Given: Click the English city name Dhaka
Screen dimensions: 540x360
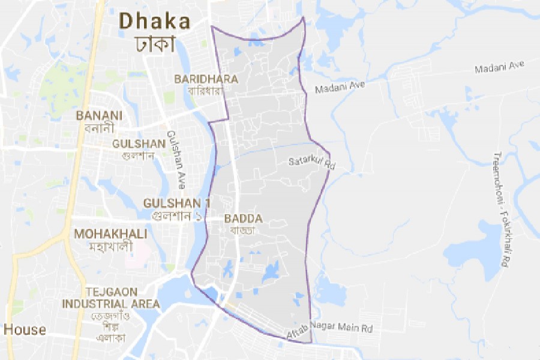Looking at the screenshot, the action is coord(155,21).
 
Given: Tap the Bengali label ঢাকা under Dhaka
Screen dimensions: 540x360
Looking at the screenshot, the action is coord(155,43).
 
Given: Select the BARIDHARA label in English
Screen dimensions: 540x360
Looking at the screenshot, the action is coord(206,79).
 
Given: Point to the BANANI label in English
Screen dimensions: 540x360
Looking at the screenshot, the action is coord(100,115).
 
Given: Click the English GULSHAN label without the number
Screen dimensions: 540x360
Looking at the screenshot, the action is coord(139,143).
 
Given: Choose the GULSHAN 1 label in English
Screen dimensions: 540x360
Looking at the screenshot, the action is coord(173,203).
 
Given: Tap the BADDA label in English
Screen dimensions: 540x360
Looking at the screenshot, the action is coord(244,219).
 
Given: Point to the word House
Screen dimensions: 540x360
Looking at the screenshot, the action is coord(25,329).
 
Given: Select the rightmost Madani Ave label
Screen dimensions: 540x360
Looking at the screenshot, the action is coord(499,68).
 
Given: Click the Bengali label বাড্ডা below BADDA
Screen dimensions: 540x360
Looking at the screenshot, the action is coord(243,230).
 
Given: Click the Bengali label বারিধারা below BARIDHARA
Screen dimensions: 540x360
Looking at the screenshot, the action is coord(206,91).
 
